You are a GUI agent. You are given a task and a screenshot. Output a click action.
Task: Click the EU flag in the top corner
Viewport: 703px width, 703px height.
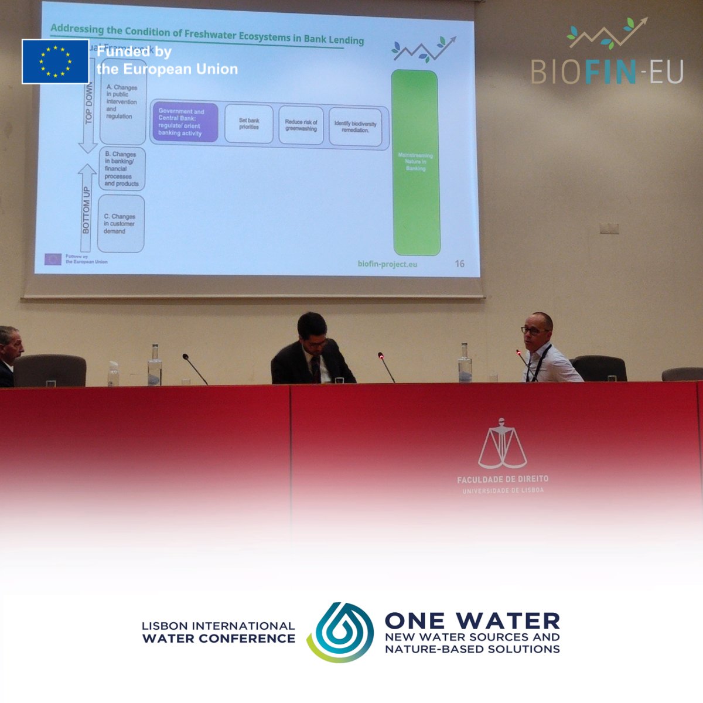(55, 62)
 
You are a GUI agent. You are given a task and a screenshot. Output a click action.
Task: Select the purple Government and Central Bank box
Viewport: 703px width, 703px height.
(185, 122)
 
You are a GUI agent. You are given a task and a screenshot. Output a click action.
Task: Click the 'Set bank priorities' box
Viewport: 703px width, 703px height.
(249, 124)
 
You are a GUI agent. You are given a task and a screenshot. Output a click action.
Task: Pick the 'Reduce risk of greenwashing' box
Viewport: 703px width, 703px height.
(301, 125)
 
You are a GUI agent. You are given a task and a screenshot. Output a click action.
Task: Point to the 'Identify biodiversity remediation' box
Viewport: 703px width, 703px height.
(355, 127)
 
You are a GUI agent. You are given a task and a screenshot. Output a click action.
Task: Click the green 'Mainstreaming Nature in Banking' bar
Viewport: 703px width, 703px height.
(415, 162)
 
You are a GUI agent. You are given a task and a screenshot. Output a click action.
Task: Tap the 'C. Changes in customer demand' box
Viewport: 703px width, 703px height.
(120, 224)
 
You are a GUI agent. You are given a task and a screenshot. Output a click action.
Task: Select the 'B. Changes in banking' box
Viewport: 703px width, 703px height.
(122, 169)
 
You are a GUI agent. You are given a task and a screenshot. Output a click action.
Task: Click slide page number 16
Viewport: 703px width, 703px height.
(460, 264)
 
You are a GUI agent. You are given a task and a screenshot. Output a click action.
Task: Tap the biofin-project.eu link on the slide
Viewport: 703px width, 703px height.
(387, 264)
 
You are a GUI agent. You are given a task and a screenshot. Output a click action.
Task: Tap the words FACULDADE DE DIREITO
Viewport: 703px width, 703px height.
(503, 479)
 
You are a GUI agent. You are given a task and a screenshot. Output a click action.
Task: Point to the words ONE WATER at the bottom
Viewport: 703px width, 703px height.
(472, 620)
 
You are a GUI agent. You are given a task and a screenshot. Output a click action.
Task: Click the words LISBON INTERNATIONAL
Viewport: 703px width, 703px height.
(218, 626)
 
